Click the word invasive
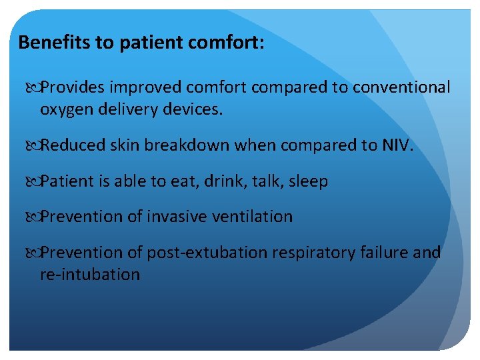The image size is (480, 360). [x=175, y=217]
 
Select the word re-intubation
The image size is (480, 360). [x=90, y=275]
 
